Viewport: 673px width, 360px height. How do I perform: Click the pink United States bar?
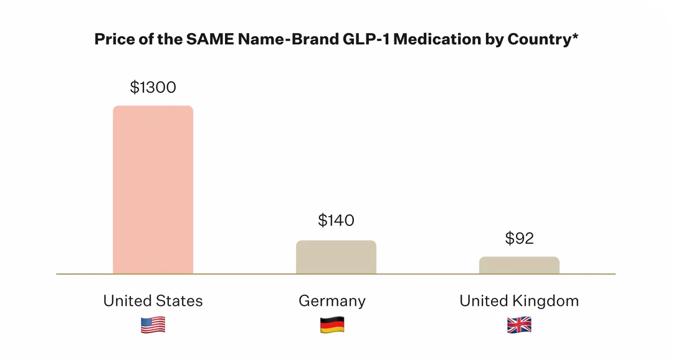tap(153, 189)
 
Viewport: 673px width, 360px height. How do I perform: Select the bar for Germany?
tap(336, 257)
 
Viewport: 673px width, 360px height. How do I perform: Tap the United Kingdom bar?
tap(519, 265)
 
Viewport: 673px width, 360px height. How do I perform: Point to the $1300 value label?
tap(153, 87)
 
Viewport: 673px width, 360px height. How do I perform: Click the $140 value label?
tap(336, 220)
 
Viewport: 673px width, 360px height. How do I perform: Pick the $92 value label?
tap(519, 238)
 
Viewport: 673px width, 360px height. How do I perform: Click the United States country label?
tap(153, 301)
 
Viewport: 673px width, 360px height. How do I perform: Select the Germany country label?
tap(332, 301)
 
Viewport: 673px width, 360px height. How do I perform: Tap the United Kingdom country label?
tap(519, 301)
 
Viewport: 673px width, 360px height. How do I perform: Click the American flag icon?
tap(153, 324)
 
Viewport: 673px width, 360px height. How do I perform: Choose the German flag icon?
tap(332, 324)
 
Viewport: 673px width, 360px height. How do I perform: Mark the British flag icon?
tap(519, 324)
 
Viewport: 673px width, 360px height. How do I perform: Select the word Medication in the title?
tap(437, 39)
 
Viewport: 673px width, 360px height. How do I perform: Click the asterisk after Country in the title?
tap(575, 37)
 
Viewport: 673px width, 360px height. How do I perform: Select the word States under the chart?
tap(179, 301)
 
